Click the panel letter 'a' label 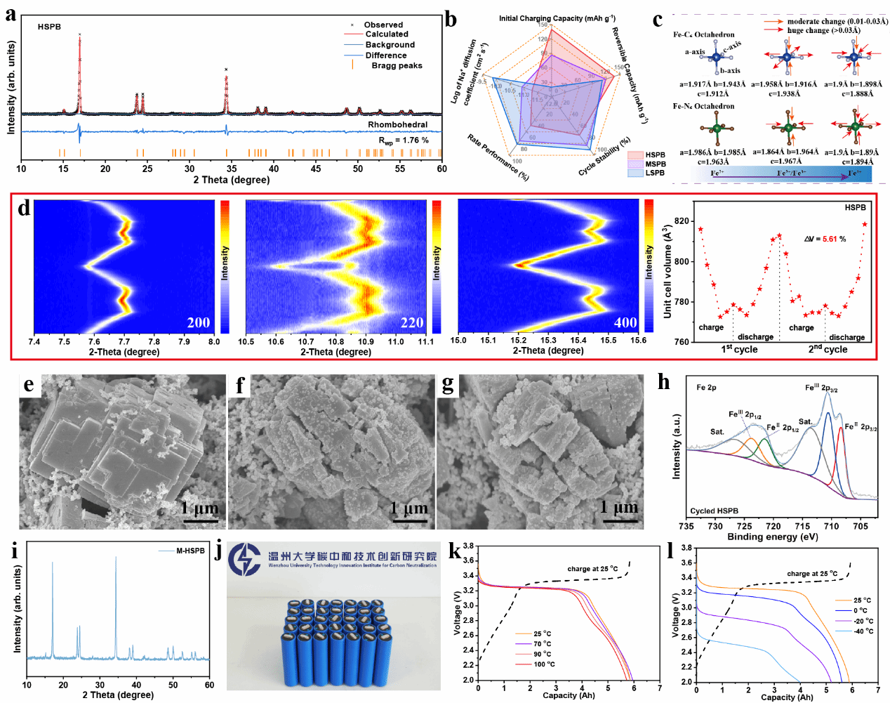pos(11,14)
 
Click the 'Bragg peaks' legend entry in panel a pos(397,65)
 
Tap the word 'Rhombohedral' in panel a pos(397,124)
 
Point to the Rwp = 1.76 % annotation pos(404,140)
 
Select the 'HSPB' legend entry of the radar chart pos(655,155)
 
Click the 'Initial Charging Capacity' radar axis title pos(557,18)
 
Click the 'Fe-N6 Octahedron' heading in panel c pos(703,106)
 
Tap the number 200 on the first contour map pos(199,322)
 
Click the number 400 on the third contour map pos(625,322)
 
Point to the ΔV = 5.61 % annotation pos(825,239)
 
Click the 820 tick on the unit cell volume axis pos(682,221)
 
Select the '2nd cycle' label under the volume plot pos(827,349)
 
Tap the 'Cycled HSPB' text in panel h pos(714,511)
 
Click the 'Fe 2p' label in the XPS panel pos(706,388)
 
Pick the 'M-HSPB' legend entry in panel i pos(190,551)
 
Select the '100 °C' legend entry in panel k pos(544,664)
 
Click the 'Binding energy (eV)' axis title pos(772,537)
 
